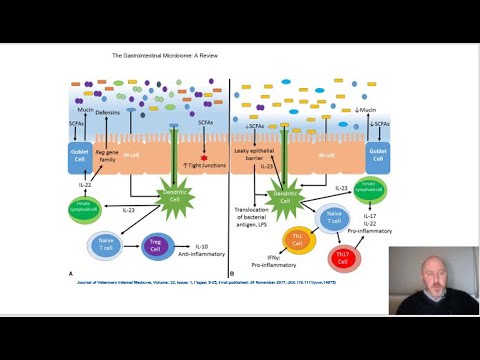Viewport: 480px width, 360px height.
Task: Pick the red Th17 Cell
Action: tap(345, 257)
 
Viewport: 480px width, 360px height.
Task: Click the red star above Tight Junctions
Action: tap(206, 158)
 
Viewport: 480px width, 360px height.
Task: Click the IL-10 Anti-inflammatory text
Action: tap(204, 250)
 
